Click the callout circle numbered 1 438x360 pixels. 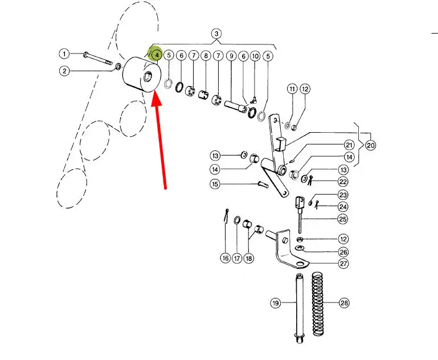pyautogui.click(x=64, y=54)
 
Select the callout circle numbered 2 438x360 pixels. pyautogui.click(x=64, y=71)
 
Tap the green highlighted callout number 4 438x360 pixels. pyautogui.click(x=155, y=55)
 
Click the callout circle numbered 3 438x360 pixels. pyautogui.click(x=216, y=33)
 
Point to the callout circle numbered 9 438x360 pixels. pyautogui.click(x=231, y=56)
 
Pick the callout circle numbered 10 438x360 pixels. pyautogui.click(x=255, y=56)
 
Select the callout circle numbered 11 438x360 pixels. pyautogui.click(x=292, y=89)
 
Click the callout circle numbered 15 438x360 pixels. pyautogui.click(x=215, y=184)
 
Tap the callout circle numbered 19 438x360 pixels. pyautogui.click(x=276, y=304)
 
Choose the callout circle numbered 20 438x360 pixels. pyautogui.click(x=371, y=145)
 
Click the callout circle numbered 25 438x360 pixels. pyautogui.click(x=343, y=219)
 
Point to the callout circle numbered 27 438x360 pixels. pyautogui.click(x=343, y=264)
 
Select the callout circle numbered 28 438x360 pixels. pyautogui.click(x=343, y=303)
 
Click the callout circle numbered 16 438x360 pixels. pyautogui.click(x=226, y=259)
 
